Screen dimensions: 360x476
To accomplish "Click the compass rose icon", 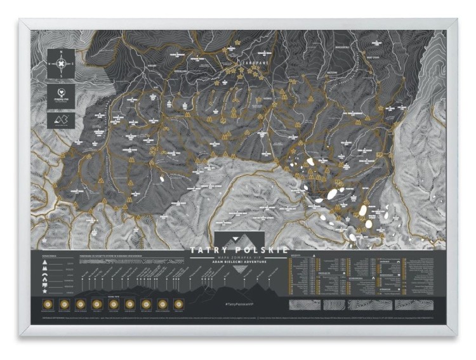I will [x=62, y=63].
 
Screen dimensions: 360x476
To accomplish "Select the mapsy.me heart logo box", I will [x=62, y=94].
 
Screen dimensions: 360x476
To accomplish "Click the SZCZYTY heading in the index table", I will [x=296, y=257].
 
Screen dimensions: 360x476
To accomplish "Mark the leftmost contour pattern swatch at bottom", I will [x=301, y=305].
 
